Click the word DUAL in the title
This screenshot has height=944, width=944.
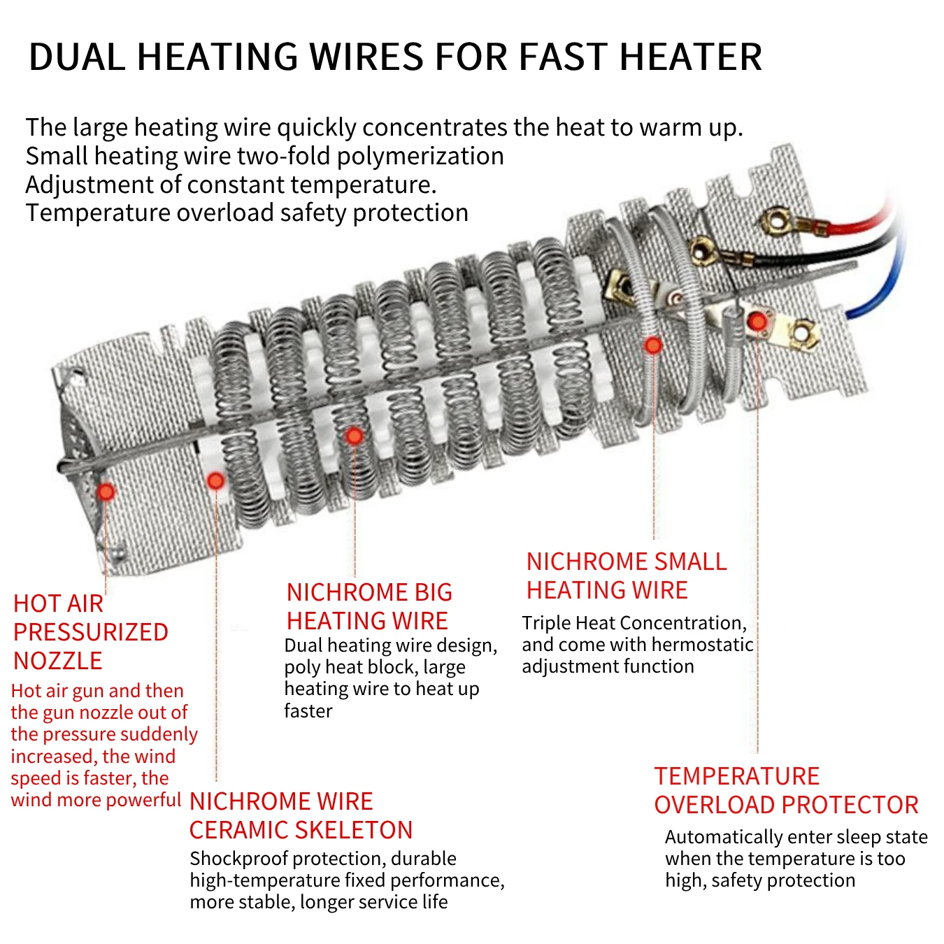click(76, 57)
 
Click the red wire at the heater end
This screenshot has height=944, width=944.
click(864, 222)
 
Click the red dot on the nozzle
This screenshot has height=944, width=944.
click(106, 492)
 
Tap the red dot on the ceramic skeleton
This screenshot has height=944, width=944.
click(215, 481)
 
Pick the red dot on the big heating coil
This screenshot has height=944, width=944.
click(355, 436)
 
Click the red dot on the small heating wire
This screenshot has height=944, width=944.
click(653, 345)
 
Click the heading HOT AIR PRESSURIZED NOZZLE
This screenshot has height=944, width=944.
click(90, 632)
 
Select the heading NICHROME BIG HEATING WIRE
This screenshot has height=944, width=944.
click(369, 606)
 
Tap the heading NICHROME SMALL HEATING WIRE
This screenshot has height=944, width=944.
click(626, 575)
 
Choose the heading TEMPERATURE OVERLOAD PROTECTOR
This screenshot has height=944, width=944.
click(785, 790)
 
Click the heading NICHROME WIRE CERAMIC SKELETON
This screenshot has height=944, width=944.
click(301, 815)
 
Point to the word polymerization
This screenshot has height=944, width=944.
click(420, 156)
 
